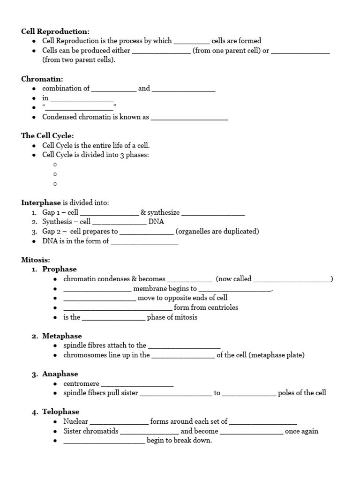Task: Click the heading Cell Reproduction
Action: [x=55, y=31]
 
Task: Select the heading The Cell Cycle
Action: [x=47, y=136]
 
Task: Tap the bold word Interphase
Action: [x=41, y=202]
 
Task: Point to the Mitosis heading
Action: [x=35, y=260]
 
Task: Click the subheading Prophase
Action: [x=60, y=269]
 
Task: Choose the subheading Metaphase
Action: [x=62, y=336]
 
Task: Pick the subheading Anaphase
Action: [x=60, y=374]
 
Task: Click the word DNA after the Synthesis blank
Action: [x=156, y=222]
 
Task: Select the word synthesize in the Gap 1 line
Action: [x=164, y=212]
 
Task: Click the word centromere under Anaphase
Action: [x=81, y=383]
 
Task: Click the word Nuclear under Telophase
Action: [x=75, y=421]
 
